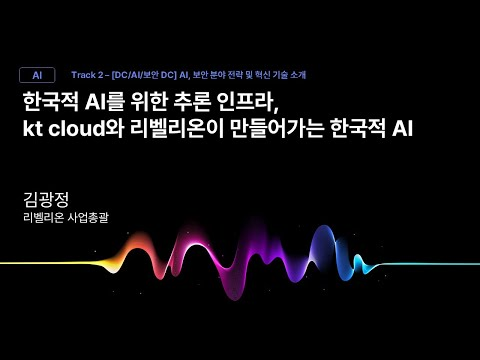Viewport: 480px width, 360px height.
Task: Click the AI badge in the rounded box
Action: point(37,75)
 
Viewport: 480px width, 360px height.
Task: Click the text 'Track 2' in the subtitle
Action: point(88,75)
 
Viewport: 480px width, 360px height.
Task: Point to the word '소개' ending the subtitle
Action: point(297,75)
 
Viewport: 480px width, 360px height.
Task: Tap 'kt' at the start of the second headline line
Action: point(33,129)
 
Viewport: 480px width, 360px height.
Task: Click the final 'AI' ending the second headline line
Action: point(399,129)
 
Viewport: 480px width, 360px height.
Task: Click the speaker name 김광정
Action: point(45,199)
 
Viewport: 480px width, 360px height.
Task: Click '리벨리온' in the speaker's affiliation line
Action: point(43,217)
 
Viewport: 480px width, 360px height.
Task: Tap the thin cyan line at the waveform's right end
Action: point(430,264)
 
